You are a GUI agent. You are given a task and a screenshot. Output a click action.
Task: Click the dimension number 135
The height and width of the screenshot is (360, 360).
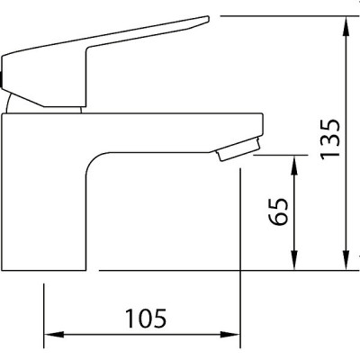[x=330, y=139]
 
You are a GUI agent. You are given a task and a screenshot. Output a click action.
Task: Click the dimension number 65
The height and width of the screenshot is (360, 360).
[x=279, y=211]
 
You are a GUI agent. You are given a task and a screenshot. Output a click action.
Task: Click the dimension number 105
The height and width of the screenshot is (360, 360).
[x=146, y=319]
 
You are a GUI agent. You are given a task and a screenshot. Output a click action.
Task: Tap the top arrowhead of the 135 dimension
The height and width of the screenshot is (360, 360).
[x=346, y=27]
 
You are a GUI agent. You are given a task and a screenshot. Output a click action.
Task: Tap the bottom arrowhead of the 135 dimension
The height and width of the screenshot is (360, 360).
[x=346, y=260]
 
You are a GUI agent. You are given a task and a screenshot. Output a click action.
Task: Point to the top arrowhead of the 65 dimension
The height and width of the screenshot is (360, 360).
[x=294, y=166]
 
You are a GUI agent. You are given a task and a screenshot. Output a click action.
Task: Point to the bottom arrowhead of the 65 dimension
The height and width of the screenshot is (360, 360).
[x=294, y=260]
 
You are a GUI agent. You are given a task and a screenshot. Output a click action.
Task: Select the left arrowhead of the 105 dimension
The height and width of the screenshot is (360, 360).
[x=54, y=335]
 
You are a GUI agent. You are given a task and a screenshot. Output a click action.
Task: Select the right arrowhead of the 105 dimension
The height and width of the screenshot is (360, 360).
[x=229, y=335]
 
